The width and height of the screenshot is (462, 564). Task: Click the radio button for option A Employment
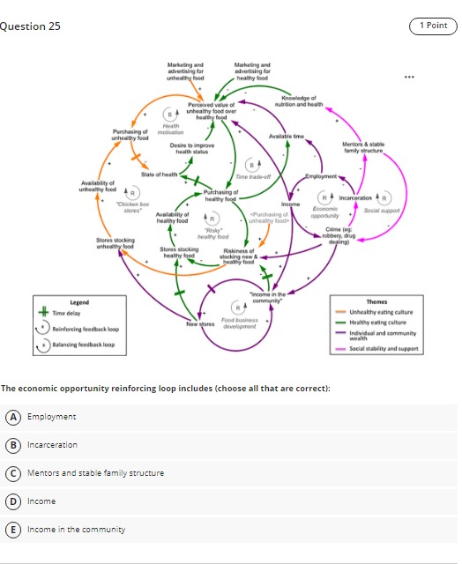pyautogui.click(x=13, y=417)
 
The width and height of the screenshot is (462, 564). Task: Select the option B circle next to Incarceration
pyautogui.click(x=13, y=445)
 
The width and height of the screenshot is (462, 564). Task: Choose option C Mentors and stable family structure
pyautogui.click(x=13, y=473)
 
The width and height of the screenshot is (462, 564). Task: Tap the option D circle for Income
pyautogui.click(x=13, y=501)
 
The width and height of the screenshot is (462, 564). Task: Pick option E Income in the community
pyautogui.click(x=13, y=530)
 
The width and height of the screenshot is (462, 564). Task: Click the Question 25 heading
pyautogui.click(x=31, y=26)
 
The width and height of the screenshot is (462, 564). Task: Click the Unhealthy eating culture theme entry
pyautogui.click(x=380, y=312)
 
